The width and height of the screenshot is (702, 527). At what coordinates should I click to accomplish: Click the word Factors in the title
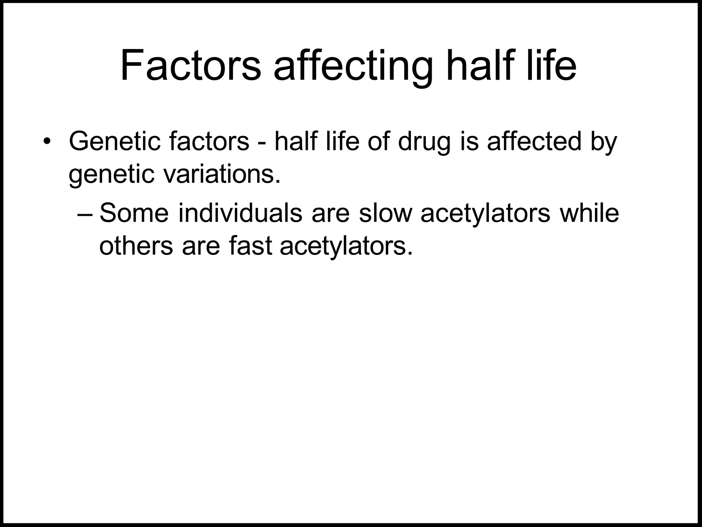tap(191, 65)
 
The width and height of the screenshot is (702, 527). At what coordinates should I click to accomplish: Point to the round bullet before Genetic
tap(47, 142)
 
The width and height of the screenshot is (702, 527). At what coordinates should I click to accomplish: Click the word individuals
tap(240, 213)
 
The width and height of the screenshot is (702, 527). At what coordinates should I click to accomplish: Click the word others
tap(136, 246)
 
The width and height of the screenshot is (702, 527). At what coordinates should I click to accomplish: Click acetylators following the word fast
tap(346, 246)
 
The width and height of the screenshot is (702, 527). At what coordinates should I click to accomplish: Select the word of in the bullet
tap(378, 142)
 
